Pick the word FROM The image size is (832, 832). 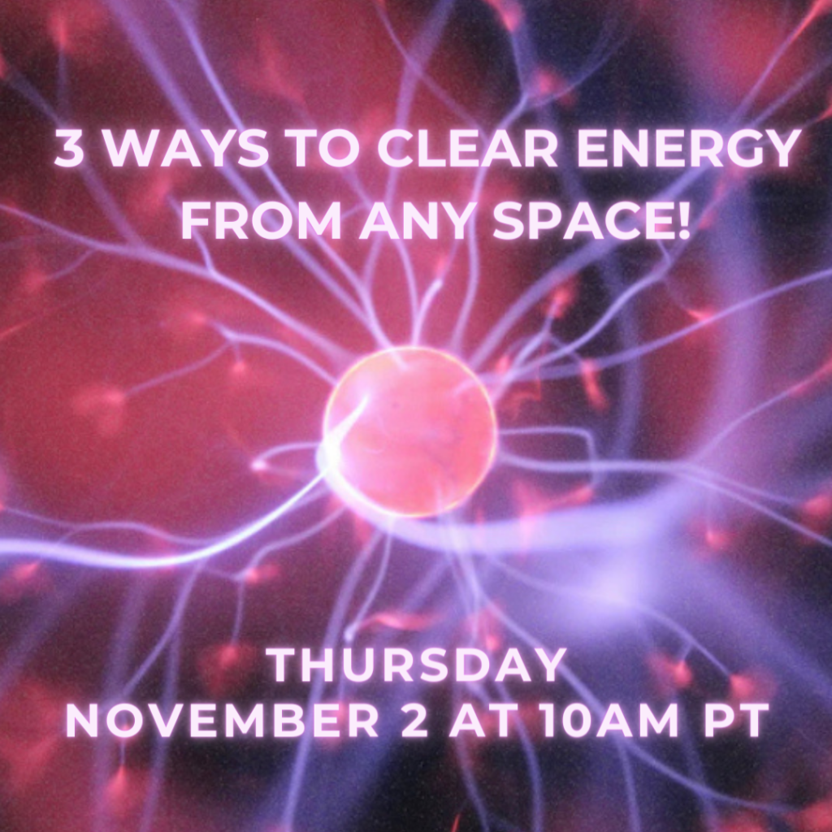[x=261, y=220]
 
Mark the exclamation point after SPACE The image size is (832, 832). [x=682, y=220]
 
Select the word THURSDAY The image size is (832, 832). [x=416, y=665]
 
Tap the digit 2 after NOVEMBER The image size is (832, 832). [x=414, y=720]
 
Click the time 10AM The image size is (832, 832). [x=609, y=720]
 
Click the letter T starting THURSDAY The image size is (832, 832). [x=284, y=665]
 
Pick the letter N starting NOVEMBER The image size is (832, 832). [x=83, y=720]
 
